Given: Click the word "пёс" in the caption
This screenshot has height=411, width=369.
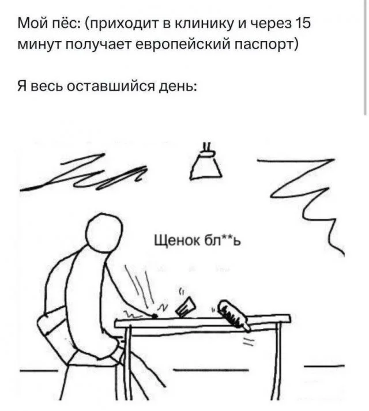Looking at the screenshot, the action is point(66,24).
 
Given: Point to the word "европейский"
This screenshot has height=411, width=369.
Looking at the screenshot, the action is point(182,46).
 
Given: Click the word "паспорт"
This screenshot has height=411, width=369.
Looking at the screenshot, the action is point(266,46).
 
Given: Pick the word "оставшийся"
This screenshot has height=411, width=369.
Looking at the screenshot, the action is point(111,86).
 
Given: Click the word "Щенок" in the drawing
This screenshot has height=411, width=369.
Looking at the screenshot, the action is point(177,240).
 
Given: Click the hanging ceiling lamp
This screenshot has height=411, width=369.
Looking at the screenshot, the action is point(206,162).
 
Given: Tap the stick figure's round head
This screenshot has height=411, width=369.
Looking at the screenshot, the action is point(104,231).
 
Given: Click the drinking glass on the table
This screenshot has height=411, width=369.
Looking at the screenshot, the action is point(186,307).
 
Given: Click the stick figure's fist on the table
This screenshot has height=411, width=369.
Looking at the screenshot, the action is point(155,316).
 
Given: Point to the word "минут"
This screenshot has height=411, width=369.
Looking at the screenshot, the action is point(39,46).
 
